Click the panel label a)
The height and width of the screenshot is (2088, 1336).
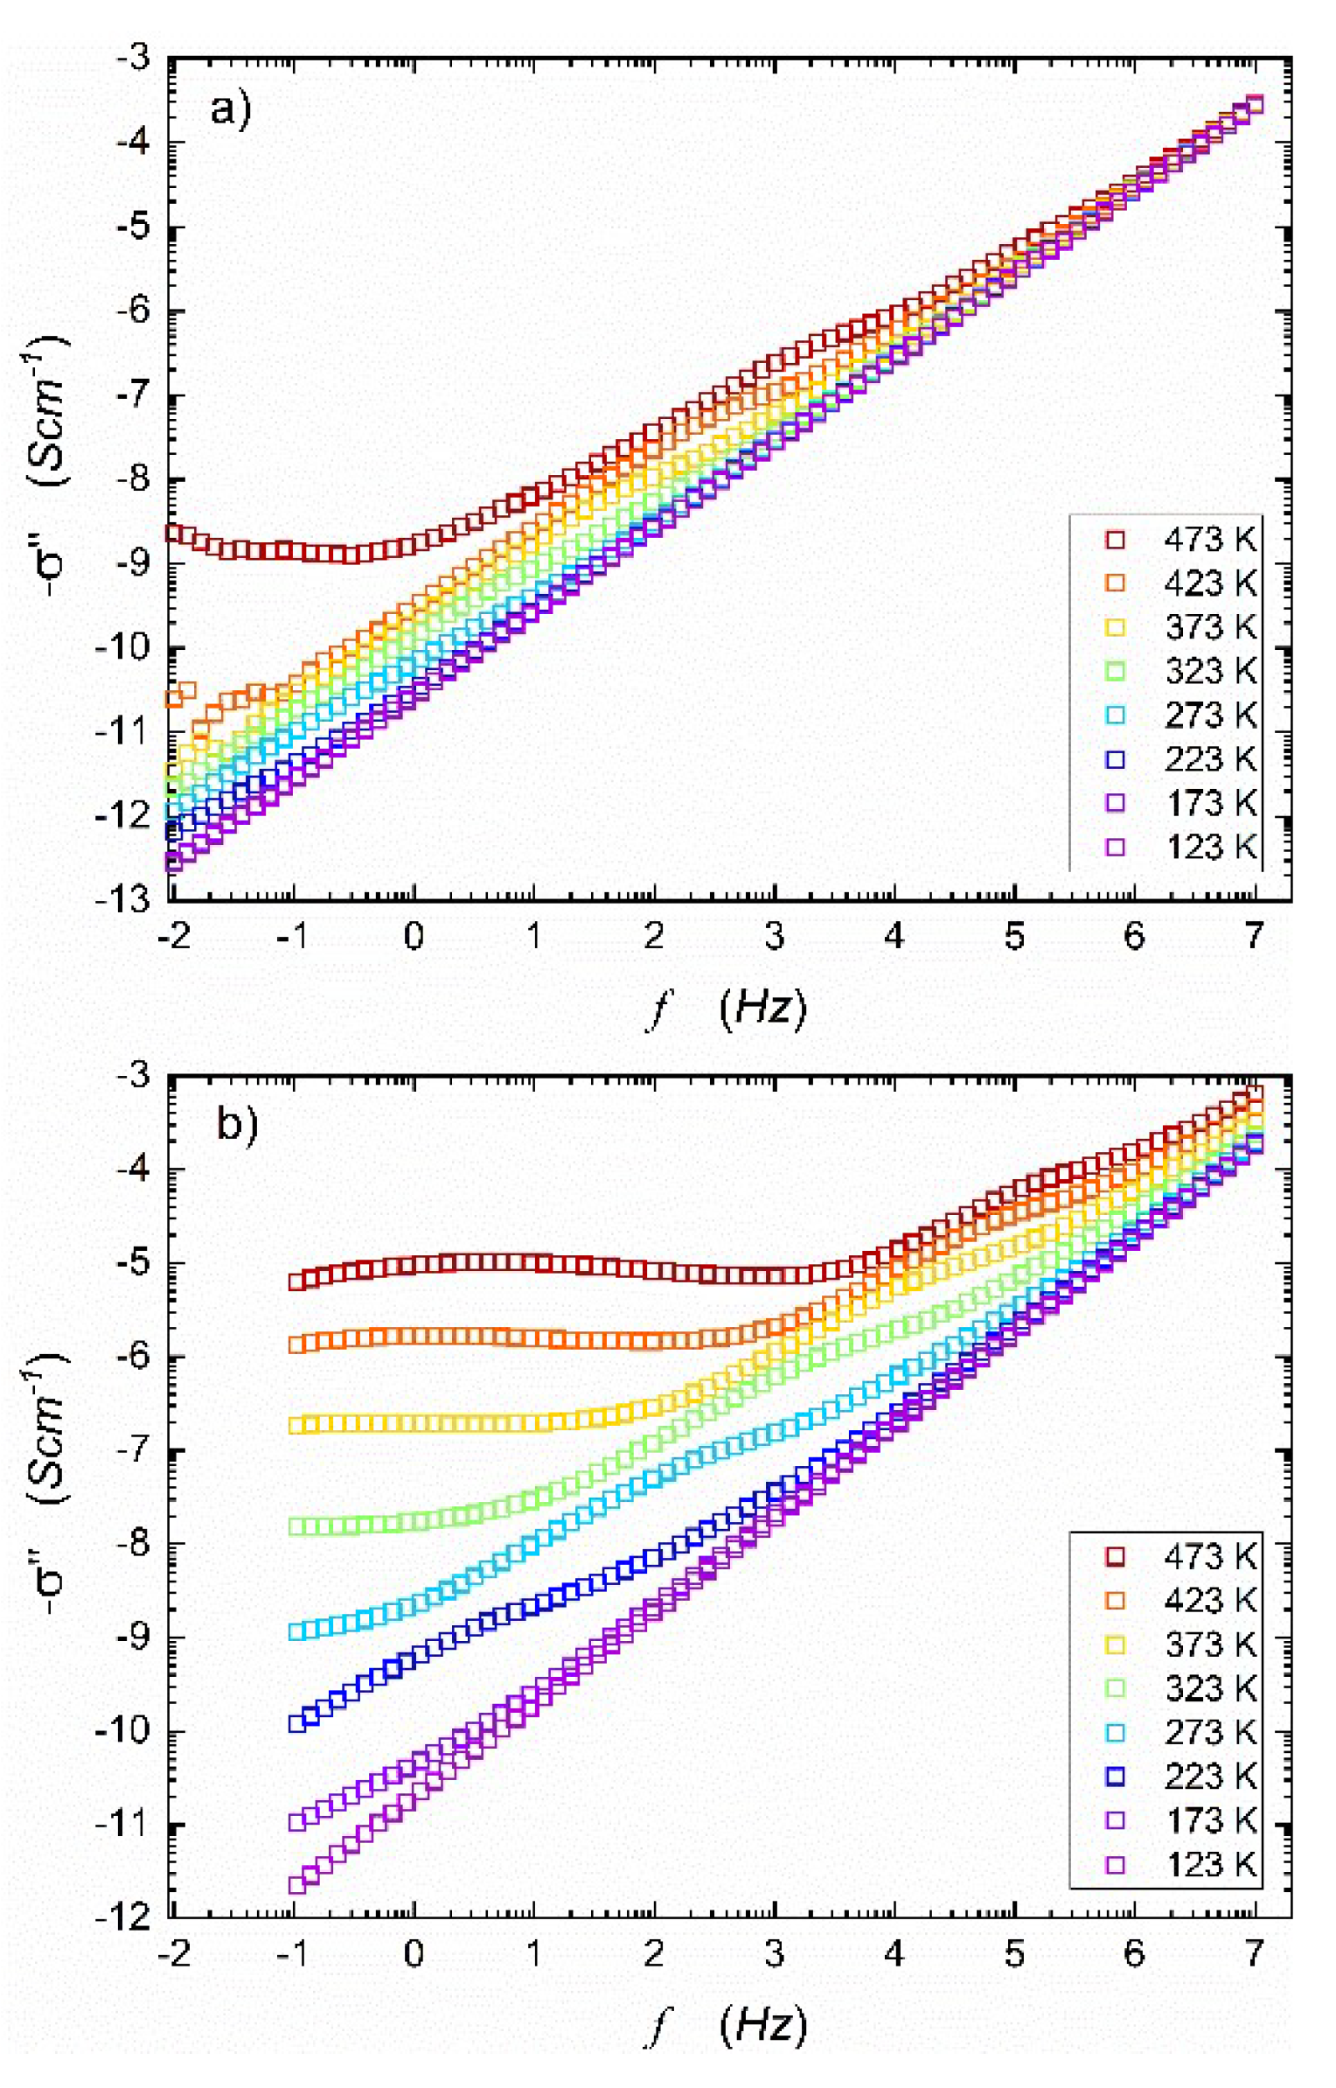click(x=230, y=111)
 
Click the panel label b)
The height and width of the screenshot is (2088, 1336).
click(x=236, y=1122)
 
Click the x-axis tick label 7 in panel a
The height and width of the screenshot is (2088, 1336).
click(x=1255, y=937)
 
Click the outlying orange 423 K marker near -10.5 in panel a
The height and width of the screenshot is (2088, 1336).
click(x=185, y=690)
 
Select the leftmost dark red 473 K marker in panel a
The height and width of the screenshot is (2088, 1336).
click(x=174, y=533)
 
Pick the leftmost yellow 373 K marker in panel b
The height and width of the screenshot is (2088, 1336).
click(x=297, y=1425)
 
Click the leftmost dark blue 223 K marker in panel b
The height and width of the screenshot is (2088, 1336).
click(x=297, y=1723)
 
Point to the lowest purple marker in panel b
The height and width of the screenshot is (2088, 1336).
click(x=297, y=1884)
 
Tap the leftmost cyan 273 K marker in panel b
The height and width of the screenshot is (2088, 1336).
click(x=297, y=1631)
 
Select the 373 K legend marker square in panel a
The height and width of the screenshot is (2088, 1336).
click(x=1115, y=627)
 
